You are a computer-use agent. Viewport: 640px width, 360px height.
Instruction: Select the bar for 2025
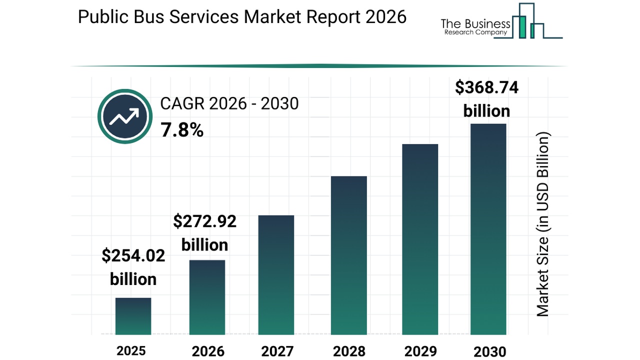click(133, 316)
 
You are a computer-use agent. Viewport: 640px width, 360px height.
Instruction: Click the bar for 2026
click(207, 297)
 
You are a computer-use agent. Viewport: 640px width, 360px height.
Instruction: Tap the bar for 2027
click(276, 274)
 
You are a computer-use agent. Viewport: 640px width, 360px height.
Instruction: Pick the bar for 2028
click(348, 255)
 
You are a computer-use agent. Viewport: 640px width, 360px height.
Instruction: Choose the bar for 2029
click(420, 239)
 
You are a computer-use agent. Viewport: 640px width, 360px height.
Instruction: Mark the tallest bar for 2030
click(488, 229)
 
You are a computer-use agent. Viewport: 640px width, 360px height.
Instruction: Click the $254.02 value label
click(133, 256)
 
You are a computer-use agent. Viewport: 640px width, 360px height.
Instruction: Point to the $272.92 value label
click(204, 221)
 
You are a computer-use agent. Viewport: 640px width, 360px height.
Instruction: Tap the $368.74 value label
click(486, 87)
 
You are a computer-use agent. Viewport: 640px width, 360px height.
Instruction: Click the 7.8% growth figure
click(182, 130)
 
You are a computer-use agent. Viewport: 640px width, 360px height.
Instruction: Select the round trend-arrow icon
click(124, 117)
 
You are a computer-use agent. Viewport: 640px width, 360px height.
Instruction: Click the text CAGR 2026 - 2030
click(229, 104)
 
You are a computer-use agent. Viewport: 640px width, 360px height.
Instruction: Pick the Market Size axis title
click(543, 224)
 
